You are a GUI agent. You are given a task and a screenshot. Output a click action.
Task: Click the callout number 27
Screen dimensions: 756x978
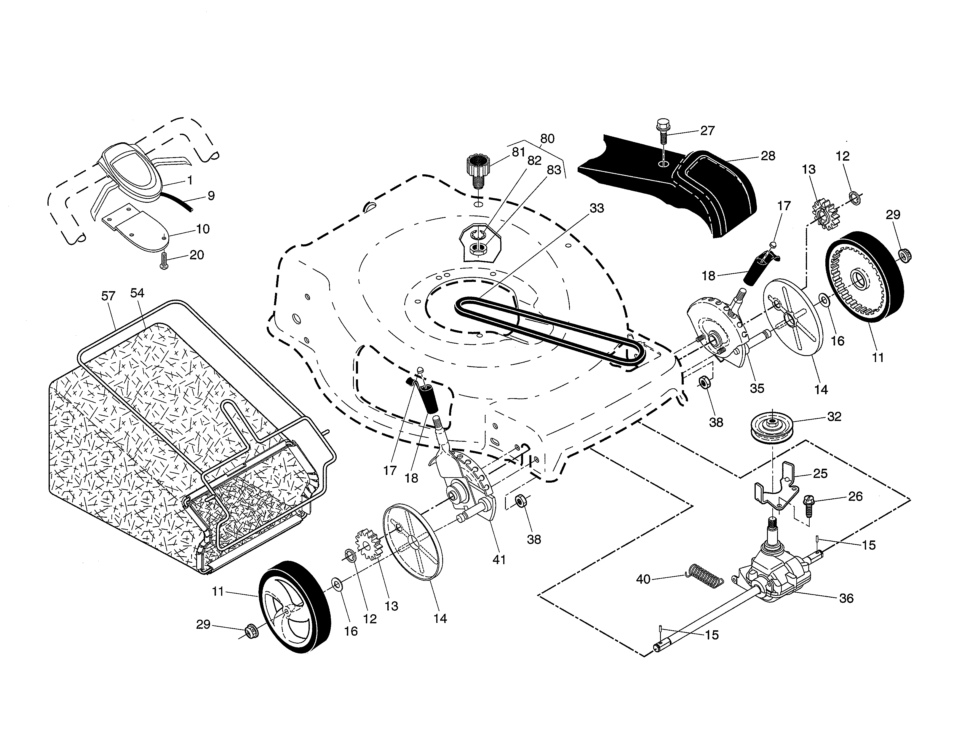707,131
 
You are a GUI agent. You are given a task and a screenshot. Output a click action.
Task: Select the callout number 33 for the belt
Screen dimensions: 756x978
597,208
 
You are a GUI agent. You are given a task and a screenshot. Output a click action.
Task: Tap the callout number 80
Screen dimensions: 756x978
547,139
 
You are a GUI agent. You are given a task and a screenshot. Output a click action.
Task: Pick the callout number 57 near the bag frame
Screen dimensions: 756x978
108,296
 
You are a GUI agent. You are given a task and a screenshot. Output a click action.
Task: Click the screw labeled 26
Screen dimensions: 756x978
809,505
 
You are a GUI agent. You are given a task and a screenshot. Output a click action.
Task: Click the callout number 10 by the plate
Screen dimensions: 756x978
203,229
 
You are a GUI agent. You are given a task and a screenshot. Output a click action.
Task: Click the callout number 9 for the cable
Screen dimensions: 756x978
211,196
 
